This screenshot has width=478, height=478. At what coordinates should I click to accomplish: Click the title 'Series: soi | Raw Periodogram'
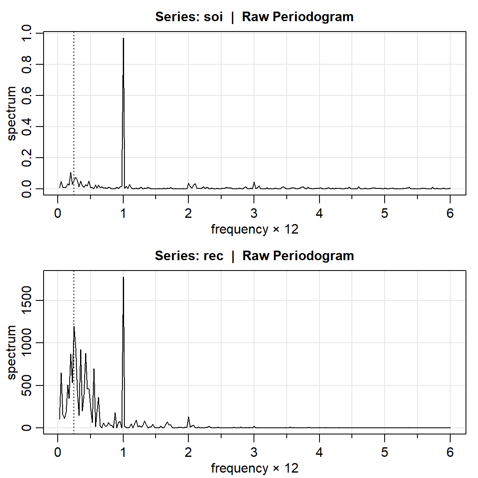point(254,17)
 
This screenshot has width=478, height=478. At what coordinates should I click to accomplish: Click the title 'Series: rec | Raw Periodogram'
point(254,256)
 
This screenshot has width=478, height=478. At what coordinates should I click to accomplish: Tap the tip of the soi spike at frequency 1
point(123,39)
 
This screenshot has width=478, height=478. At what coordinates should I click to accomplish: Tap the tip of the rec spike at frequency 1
point(123,278)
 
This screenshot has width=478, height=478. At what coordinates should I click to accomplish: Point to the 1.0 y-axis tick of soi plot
point(26,33)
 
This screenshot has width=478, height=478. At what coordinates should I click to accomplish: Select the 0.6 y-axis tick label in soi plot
point(26,95)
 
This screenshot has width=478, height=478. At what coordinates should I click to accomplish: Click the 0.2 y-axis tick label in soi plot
point(26,158)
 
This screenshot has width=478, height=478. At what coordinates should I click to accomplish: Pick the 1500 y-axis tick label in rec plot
point(26,300)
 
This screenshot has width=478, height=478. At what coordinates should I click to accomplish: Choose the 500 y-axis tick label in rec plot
point(26,385)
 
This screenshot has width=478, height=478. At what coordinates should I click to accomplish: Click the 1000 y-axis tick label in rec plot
point(26,343)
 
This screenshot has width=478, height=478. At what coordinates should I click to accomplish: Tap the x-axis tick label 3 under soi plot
point(254,213)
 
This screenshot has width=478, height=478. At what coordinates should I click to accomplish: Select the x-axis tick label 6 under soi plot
point(450,213)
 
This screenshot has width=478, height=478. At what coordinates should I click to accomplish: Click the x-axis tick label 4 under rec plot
point(319,452)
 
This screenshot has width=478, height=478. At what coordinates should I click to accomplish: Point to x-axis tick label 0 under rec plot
point(58,452)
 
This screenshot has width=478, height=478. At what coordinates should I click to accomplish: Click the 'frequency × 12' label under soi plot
point(254,229)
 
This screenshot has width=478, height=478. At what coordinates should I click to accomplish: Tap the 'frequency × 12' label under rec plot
point(254,468)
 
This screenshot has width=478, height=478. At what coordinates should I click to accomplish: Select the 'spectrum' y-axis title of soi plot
point(12,113)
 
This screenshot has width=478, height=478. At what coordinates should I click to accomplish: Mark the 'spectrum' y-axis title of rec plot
point(12,352)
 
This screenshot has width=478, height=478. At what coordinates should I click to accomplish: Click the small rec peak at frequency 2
point(188,417)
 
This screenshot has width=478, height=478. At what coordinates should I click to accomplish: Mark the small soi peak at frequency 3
point(254,183)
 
